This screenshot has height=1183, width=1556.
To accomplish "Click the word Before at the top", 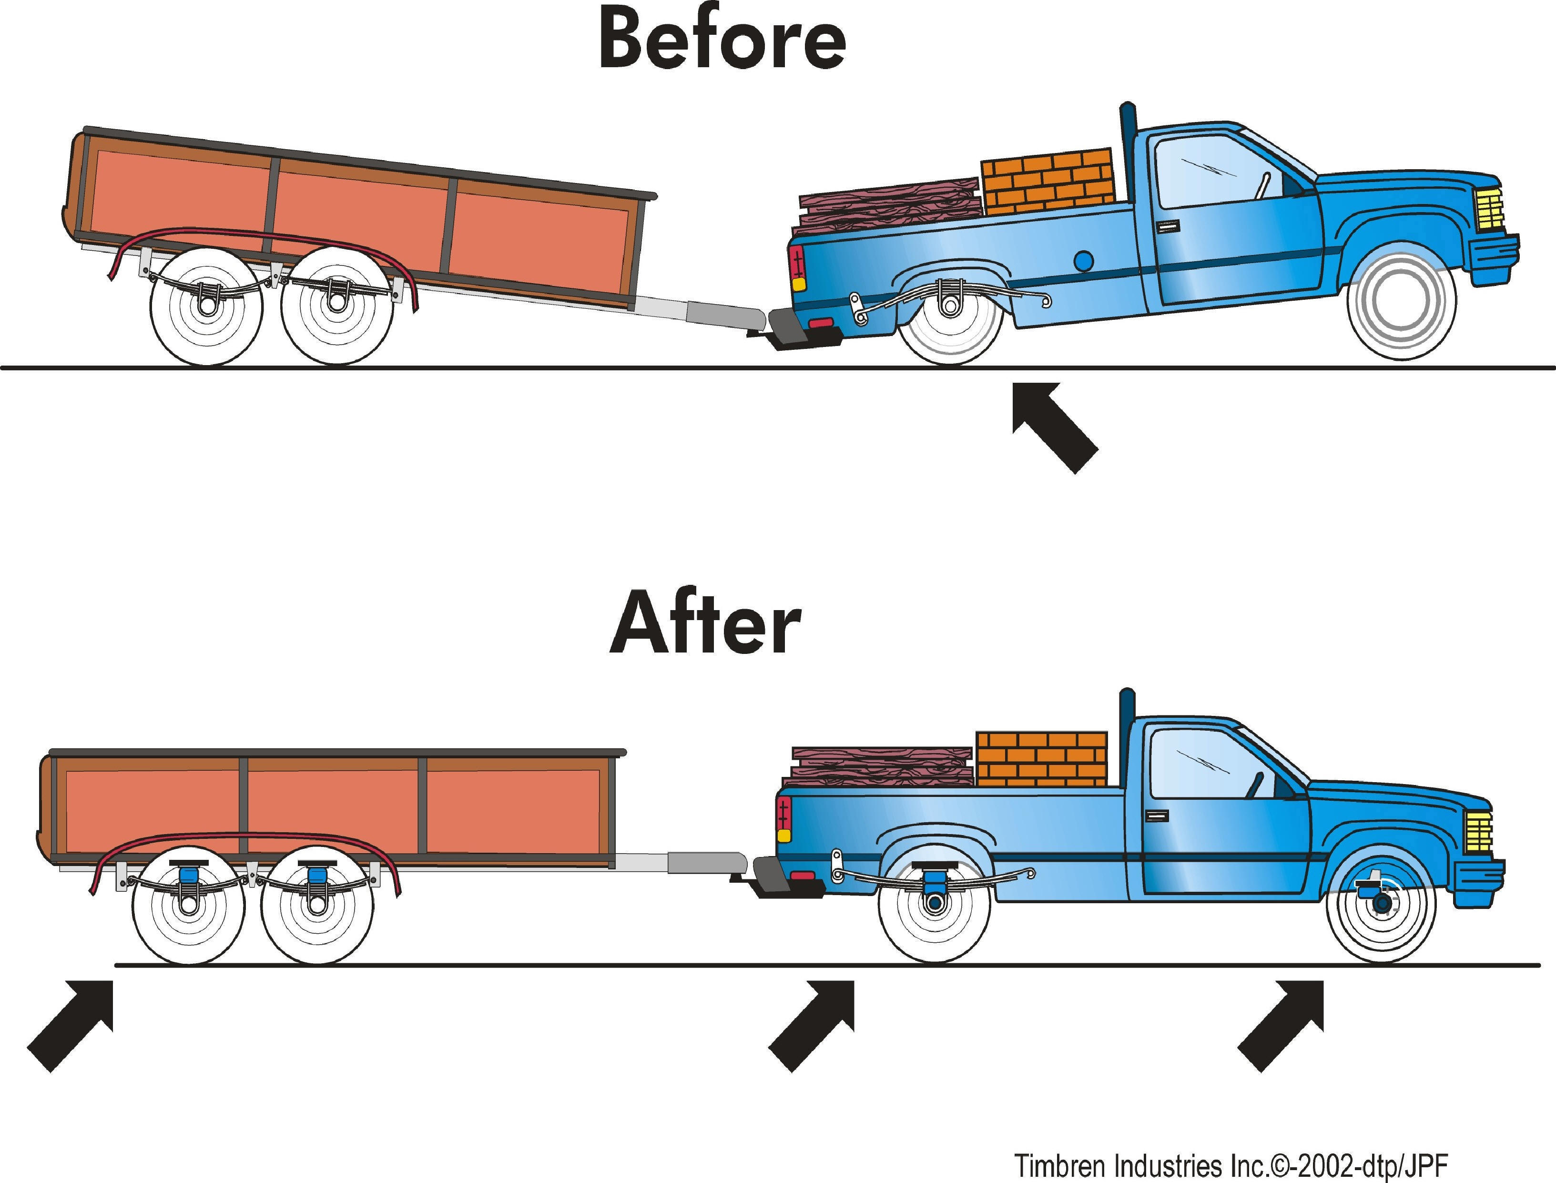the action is point(722,41).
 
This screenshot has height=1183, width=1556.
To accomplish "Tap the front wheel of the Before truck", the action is point(1401,306).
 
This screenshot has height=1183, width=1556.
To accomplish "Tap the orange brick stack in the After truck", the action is point(1041,759).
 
